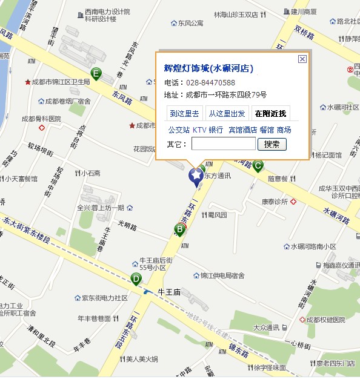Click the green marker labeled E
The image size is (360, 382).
pos(96,74)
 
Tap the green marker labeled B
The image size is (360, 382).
pos(179,229)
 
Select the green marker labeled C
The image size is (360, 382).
pos(258,165)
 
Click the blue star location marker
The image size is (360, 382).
pos(196,176)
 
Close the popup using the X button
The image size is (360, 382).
pos(302,59)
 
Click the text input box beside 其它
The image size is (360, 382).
pos(223,144)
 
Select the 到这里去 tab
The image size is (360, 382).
pos(184,113)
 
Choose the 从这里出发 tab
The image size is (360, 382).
pos(227,113)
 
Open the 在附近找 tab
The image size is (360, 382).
pos(271,113)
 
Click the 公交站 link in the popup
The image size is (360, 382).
pos(179,130)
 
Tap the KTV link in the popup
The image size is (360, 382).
pos(199,130)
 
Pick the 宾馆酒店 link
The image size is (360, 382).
pos(242,130)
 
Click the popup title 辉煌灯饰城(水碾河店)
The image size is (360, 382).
pos(208,68)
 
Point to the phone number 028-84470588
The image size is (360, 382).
pos(210,82)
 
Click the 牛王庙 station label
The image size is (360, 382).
pos(169,292)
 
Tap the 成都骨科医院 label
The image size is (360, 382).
pos(41,119)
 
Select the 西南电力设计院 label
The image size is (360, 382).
pos(107,12)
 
